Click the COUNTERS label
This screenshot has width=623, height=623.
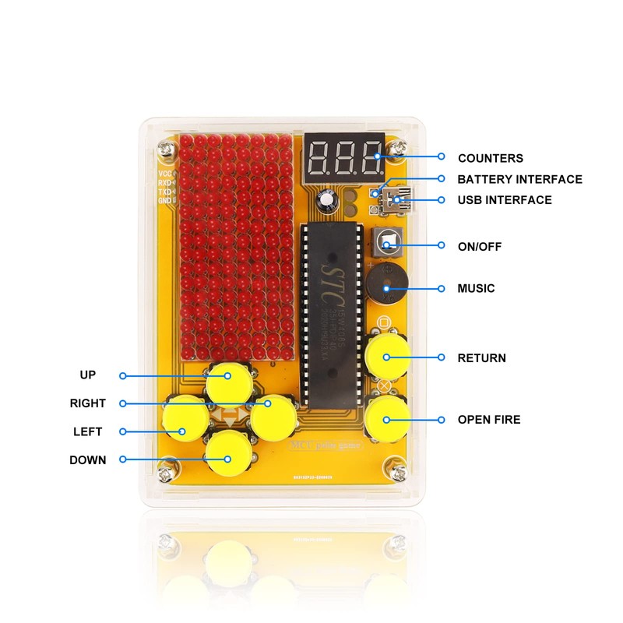pyautogui.click(x=490, y=158)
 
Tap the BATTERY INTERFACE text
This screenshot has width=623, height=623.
pyautogui.click(x=519, y=179)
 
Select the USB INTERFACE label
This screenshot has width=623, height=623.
pyautogui.click(x=505, y=200)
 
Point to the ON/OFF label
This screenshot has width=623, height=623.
pyautogui.click(x=480, y=247)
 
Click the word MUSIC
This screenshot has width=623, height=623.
pyautogui.click(x=476, y=288)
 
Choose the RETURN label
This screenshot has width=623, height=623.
pyautogui.click(x=481, y=358)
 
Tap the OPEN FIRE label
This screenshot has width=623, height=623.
pyautogui.click(x=489, y=420)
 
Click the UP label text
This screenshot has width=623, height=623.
pyautogui.click(x=87, y=375)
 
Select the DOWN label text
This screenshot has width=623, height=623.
pyautogui.click(x=87, y=459)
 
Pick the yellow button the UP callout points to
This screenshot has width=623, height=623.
pyautogui.click(x=227, y=380)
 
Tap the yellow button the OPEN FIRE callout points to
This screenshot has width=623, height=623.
pyautogui.click(x=387, y=418)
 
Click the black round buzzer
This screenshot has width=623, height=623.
pyautogui.click(x=385, y=282)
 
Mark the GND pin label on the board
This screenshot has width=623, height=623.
pyautogui.click(x=165, y=200)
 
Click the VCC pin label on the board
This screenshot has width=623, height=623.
pyautogui.click(x=165, y=174)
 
